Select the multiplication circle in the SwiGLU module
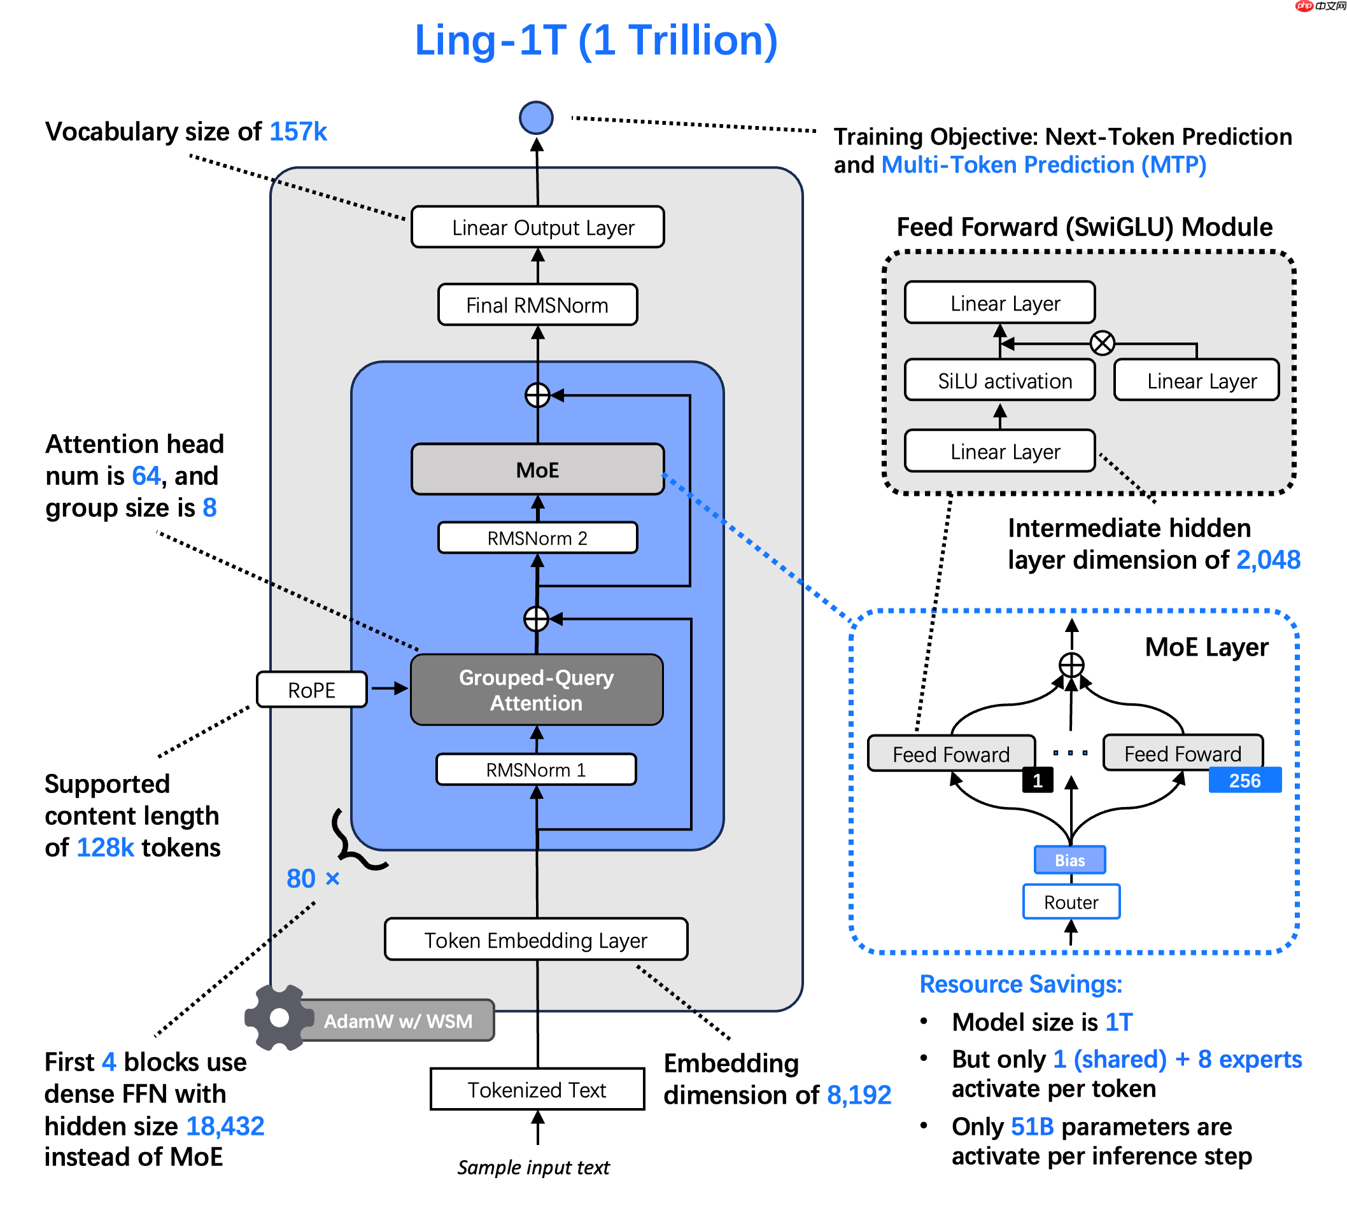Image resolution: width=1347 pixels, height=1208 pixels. (1101, 342)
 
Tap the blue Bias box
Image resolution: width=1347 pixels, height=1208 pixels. (1069, 859)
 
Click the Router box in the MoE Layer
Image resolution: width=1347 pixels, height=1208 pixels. (1070, 901)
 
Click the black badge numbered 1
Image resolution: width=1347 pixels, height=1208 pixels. (1037, 779)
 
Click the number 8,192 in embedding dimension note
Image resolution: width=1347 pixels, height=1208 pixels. (857, 1094)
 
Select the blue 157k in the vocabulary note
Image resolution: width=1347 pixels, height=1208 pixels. (297, 131)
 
